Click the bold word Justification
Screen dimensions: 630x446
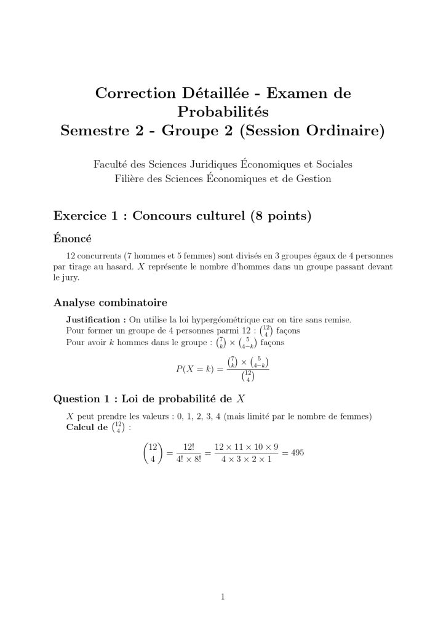pyautogui.click(x=95, y=319)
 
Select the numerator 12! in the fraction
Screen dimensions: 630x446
pyautogui.click(x=185, y=447)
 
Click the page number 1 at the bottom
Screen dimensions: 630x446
pyautogui.click(x=223, y=596)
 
